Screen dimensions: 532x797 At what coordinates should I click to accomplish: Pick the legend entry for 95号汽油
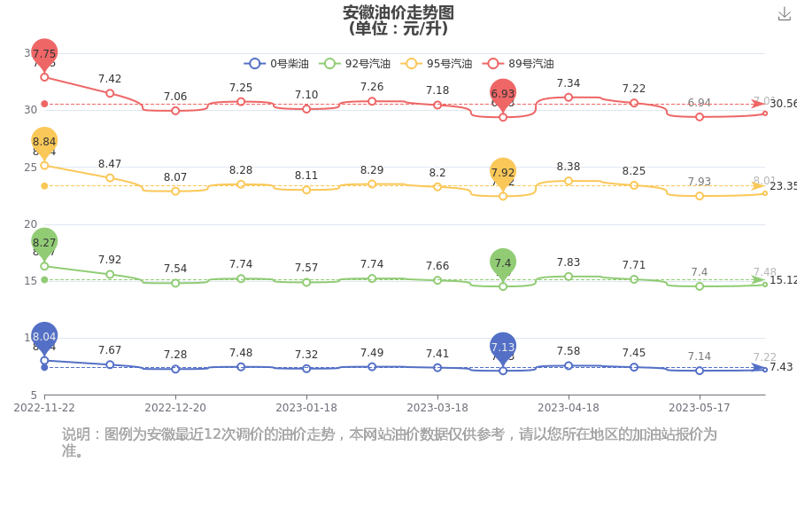[437, 64]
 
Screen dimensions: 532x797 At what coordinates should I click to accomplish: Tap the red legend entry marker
[493, 64]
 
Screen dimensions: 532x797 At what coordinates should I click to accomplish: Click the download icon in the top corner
[784, 14]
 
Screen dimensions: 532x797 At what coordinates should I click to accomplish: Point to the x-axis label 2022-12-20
[175, 408]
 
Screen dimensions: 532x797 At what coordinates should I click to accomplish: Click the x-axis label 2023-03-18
[437, 408]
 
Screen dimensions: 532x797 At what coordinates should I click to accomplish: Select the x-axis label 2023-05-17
[700, 408]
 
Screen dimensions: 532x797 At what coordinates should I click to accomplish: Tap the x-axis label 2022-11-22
[44, 408]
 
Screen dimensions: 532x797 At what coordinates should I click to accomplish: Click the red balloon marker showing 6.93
[503, 93]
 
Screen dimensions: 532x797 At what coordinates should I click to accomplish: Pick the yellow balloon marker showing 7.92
[503, 173]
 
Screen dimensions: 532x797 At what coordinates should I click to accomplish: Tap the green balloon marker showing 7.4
[503, 262]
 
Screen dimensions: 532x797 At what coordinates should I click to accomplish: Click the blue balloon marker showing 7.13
[503, 347]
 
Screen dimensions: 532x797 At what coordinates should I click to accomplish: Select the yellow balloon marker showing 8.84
[44, 142]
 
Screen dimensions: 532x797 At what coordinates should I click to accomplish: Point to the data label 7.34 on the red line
[569, 83]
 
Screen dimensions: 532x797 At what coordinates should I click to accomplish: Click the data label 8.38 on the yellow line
[569, 167]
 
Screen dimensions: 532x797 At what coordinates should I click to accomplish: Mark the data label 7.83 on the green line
[569, 262]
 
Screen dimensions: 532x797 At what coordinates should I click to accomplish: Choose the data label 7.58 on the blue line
[569, 352]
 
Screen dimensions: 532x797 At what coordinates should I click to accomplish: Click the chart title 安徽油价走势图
[398, 12]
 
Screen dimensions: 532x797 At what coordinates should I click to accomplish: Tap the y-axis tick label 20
[30, 223]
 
